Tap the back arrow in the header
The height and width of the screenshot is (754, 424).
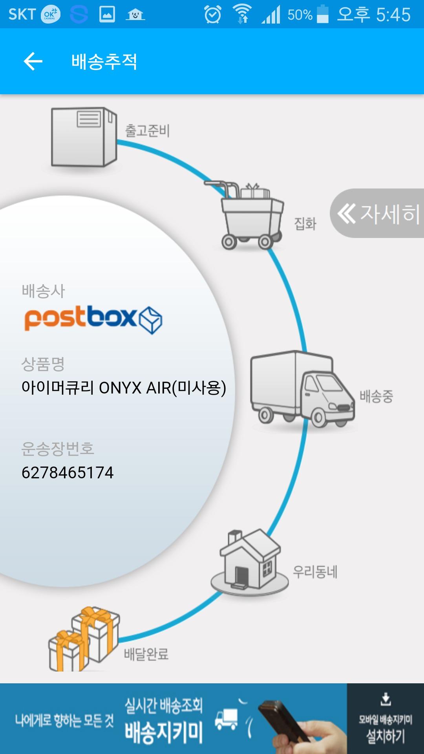(33, 61)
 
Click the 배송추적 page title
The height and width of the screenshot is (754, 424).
(104, 62)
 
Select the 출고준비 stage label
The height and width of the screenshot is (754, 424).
(147, 131)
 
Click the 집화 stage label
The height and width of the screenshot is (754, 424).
(305, 224)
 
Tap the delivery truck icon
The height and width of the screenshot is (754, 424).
(302, 389)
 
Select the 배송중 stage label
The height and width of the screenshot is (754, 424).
(376, 396)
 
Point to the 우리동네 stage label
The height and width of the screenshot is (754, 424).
(315, 572)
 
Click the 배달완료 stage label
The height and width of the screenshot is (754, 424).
(146, 654)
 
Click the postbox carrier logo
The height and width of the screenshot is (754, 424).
(93, 319)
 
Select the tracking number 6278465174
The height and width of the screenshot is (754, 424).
(68, 472)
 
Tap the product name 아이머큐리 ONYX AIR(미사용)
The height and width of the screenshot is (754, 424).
(124, 388)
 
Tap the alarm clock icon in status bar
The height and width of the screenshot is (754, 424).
(213, 15)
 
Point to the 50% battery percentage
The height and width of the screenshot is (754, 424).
(300, 15)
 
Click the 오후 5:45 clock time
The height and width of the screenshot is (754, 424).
(374, 15)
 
